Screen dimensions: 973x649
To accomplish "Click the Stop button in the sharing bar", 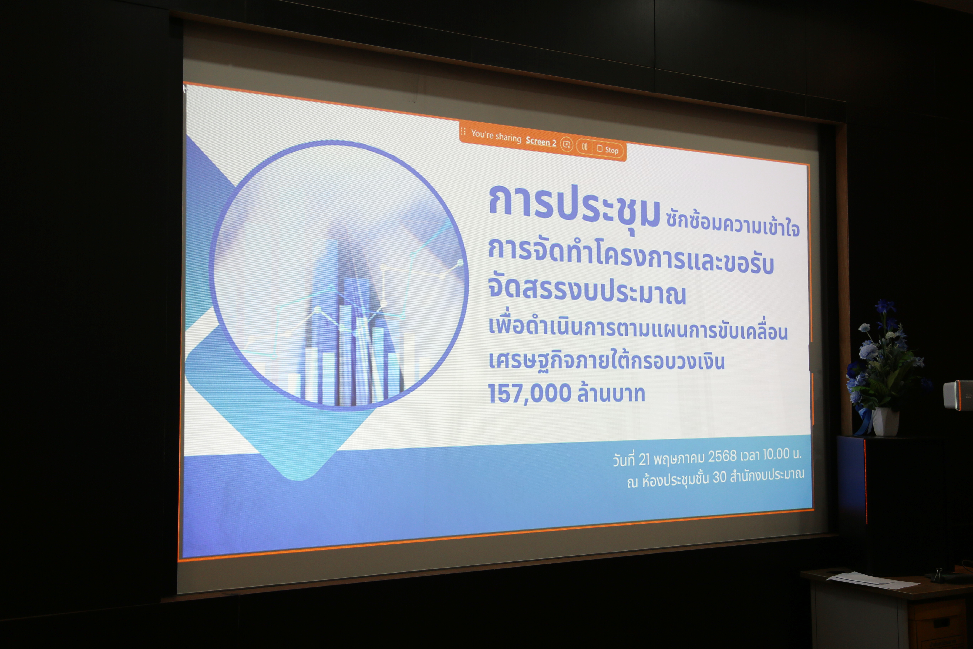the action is pos(608,149).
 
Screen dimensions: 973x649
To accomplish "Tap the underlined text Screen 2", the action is pos(541,141).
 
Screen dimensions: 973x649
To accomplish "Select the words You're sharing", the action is pos(496,136).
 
